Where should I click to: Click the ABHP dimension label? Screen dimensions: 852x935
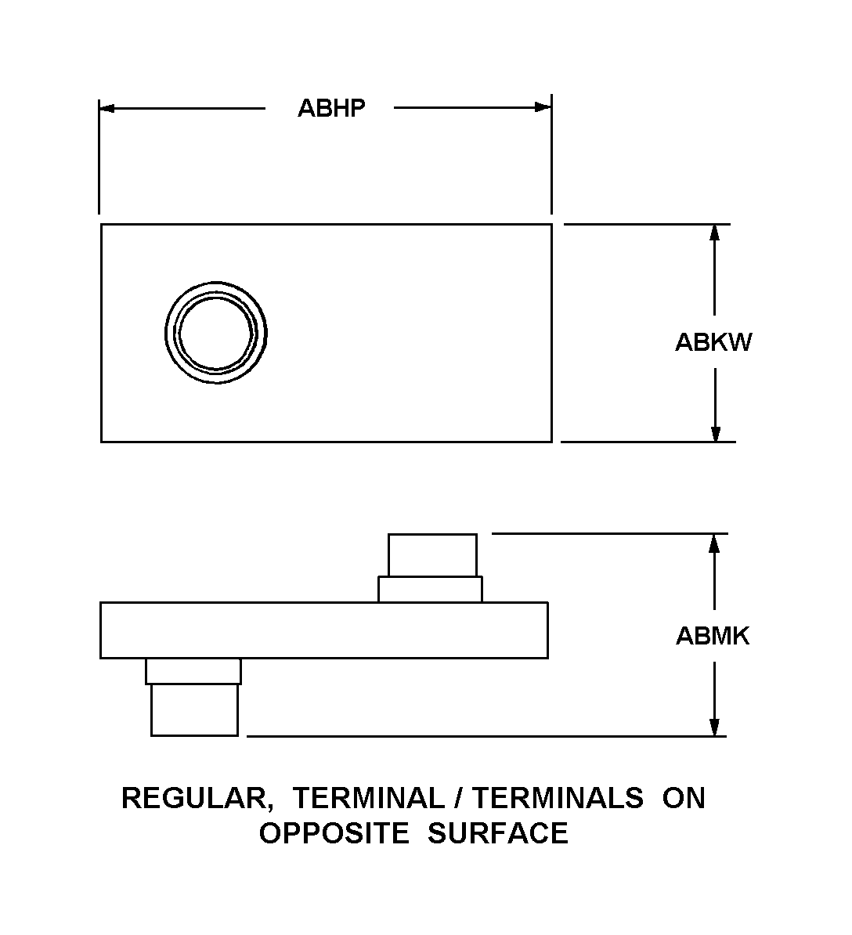click(x=331, y=108)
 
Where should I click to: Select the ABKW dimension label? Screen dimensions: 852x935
click(x=713, y=342)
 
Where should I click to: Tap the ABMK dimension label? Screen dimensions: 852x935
click(x=713, y=636)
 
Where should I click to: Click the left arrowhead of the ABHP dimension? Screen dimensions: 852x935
click(x=106, y=108)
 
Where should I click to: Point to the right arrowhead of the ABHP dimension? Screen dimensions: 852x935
click(x=543, y=107)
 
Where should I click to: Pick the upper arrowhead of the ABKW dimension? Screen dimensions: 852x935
click(x=715, y=233)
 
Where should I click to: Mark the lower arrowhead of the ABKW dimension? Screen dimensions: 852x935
click(x=716, y=434)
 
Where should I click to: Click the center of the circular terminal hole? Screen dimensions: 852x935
click(x=216, y=333)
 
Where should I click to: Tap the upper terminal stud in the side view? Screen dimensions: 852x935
click(x=432, y=555)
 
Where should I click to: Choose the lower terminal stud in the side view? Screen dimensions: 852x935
click(x=194, y=709)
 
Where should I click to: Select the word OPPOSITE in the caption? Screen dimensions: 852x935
click(x=334, y=833)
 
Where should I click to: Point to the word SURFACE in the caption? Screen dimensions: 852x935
click(x=498, y=833)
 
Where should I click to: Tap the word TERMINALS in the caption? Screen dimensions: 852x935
click(x=558, y=798)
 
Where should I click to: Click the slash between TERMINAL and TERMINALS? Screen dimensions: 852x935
click(x=458, y=798)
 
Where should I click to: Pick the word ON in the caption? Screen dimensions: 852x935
click(x=684, y=798)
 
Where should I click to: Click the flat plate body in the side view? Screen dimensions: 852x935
click(x=323, y=630)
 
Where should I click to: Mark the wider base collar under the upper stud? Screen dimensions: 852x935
click(x=430, y=589)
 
